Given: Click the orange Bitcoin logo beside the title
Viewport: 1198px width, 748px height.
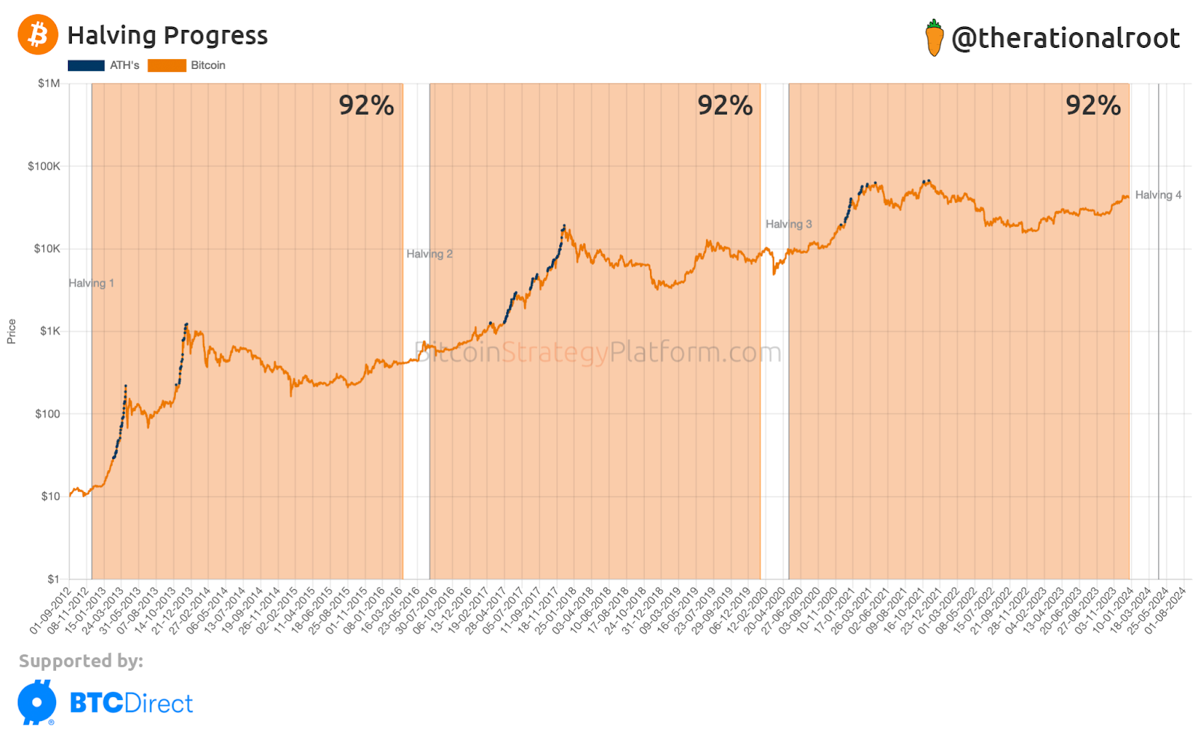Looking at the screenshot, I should (x=38, y=34).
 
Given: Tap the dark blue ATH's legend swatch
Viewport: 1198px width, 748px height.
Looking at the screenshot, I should (x=86, y=65).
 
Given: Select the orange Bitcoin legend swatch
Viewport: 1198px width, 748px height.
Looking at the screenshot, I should (x=166, y=65).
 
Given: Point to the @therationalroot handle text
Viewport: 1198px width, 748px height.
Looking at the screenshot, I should (x=1065, y=38).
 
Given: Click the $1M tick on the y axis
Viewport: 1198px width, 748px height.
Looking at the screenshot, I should (x=49, y=83).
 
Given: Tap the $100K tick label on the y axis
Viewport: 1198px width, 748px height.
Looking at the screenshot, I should (x=43, y=166).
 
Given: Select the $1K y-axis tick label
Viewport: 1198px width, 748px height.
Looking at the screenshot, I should (x=49, y=331).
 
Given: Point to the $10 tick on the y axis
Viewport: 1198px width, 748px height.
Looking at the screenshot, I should (x=50, y=496).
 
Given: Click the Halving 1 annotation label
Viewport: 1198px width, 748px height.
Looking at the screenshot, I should (x=91, y=283).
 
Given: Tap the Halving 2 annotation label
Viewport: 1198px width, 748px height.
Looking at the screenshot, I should (x=429, y=254).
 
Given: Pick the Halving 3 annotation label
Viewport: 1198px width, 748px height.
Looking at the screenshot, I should (x=788, y=224).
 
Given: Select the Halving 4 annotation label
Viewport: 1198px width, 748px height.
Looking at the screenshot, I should (x=1158, y=195).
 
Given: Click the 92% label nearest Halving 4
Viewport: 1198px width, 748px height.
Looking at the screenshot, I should (x=1093, y=106).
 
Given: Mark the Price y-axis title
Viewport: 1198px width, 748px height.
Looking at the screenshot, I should (x=11, y=331).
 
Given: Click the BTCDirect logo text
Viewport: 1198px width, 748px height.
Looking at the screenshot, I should (x=131, y=703).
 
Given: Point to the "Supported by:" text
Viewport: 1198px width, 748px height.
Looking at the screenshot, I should (x=81, y=660).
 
